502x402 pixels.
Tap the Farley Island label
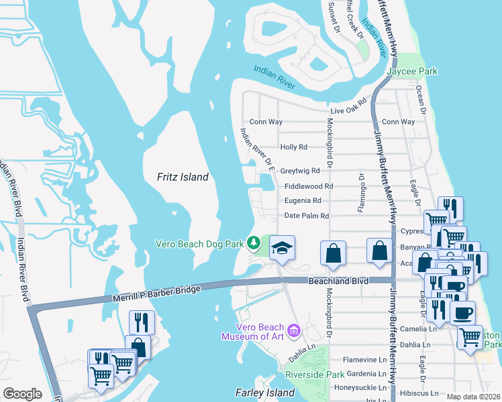(x=265, y=392)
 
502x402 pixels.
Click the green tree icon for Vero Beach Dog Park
(x=254, y=242)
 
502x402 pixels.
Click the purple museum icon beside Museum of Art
(x=293, y=330)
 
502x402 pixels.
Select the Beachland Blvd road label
(x=339, y=281)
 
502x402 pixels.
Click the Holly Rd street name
(x=293, y=147)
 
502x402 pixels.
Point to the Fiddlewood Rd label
(x=309, y=186)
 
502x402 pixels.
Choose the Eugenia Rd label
(x=303, y=200)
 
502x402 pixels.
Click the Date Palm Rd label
(x=307, y=216)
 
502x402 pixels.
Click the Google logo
(x=22, y=394)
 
